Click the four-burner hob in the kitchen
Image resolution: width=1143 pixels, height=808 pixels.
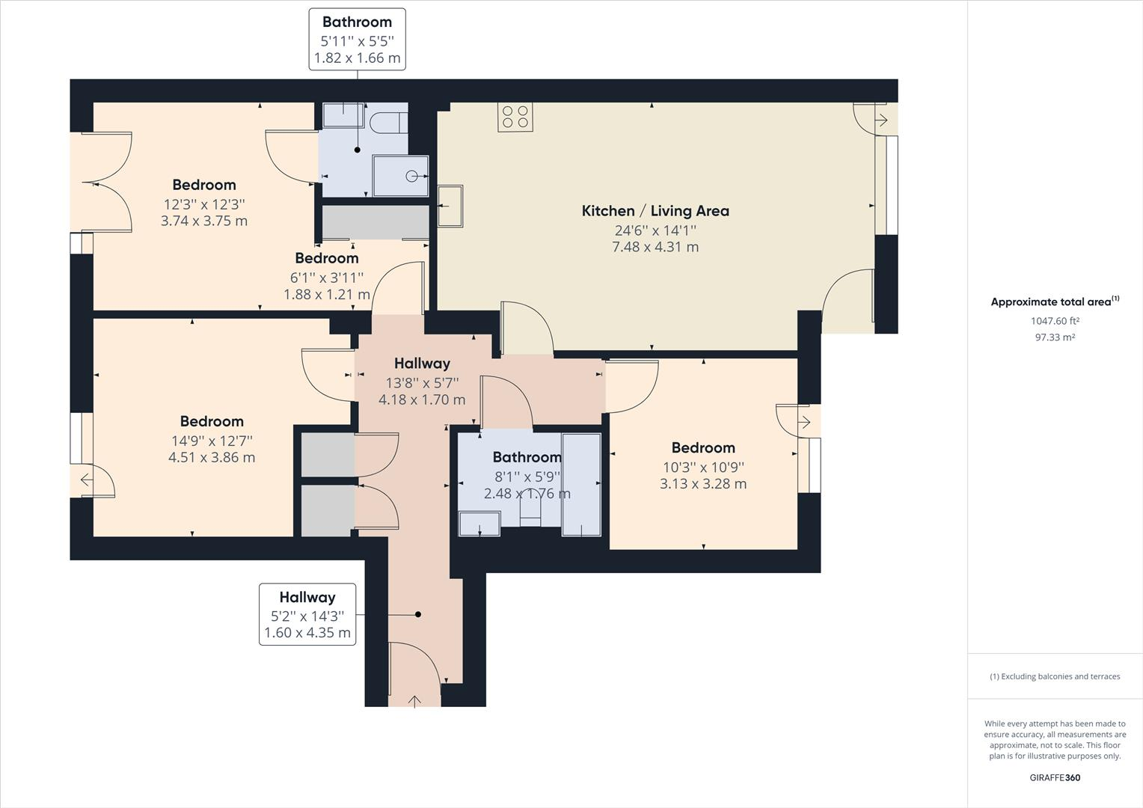click(x=515, y=117)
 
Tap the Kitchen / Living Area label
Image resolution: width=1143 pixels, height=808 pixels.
click(x=655, y=211)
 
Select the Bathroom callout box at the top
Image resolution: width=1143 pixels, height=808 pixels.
click(x=358, y=40)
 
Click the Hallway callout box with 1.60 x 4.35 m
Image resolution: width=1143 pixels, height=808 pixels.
click(x=307, y=614)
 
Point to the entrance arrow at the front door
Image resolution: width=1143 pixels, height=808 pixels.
click(x=414, y=701)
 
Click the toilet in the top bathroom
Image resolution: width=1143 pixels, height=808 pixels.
click(x=387, y=123)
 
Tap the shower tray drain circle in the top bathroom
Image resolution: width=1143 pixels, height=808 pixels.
click(x=411, y=177)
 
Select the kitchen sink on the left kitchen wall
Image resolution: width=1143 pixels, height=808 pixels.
click(x=450, y=206)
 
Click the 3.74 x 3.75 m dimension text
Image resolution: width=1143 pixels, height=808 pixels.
click(x=204, y=221)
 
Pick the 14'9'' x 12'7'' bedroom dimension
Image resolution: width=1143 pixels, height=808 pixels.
click(x=212, y=441)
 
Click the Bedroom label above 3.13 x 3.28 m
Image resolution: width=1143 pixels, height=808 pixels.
click(x=703, y=447)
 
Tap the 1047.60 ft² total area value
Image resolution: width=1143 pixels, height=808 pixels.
click(x=1055, y=321)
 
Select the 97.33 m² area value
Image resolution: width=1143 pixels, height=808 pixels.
click(x=1055, y=337)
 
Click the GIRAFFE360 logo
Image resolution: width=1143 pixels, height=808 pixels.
click(x=1055, y=777)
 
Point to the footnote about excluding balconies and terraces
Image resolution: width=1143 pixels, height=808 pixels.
click(x=1055, y=676)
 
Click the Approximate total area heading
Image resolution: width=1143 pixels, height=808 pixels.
click(x=1055, y=302)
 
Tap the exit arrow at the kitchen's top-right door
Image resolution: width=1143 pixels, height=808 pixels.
click(x=881, y=120)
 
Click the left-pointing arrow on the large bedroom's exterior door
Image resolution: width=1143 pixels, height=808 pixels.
click(x=87, y=480)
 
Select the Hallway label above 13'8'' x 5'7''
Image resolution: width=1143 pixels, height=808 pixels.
click(x=422, y=364)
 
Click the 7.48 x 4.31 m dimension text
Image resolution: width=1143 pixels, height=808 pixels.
click(x=655, y=247)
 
